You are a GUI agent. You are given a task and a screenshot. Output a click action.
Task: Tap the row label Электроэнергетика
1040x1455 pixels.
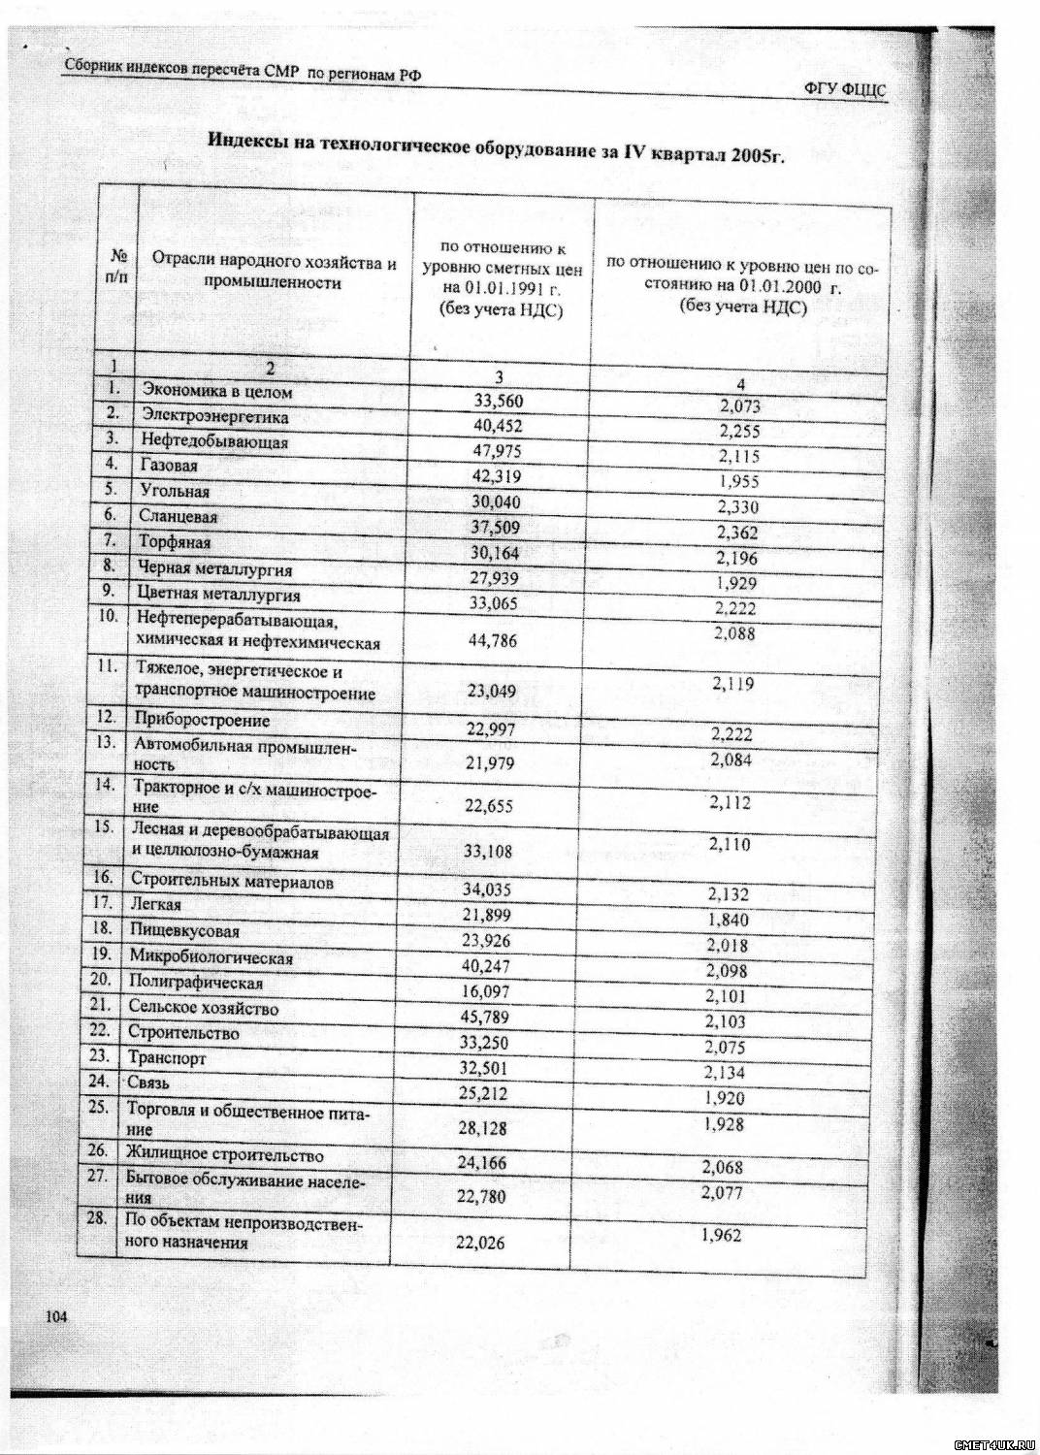215,417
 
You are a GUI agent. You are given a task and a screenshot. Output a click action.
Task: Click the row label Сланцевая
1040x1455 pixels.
179,517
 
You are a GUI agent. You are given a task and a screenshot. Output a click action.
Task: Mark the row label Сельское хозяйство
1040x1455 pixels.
203,1008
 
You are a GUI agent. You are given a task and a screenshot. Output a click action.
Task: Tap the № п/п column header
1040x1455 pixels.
120,268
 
